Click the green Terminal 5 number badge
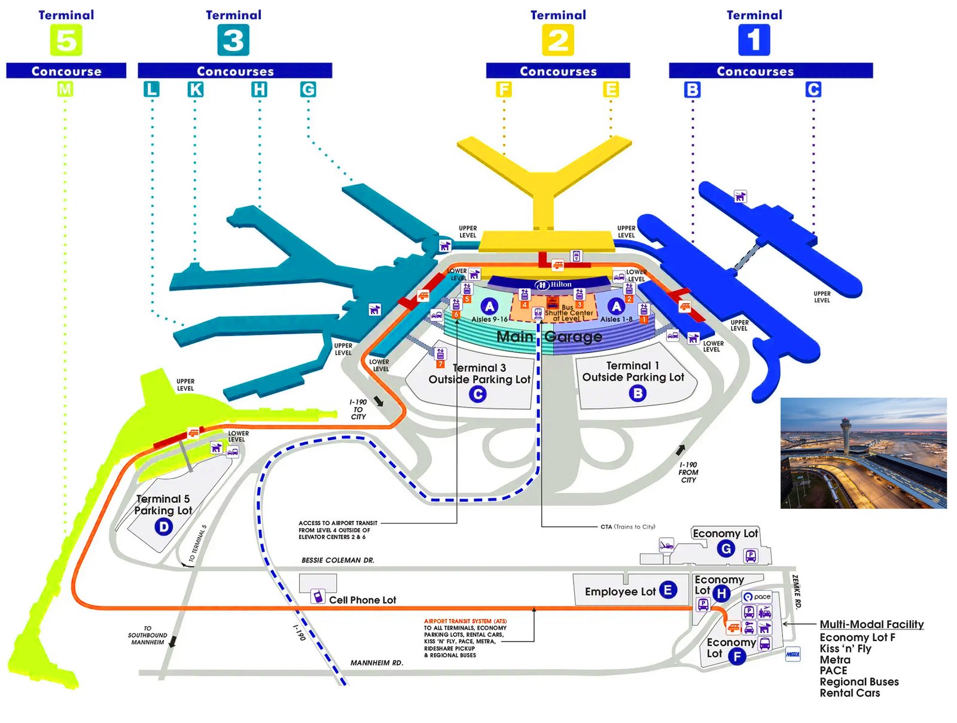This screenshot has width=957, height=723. pyautogui.click(x=66, y=41)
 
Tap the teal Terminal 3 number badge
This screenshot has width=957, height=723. pyautogui.click(x=233, y=41)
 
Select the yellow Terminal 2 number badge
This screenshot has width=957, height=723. pyautogui.click(x=557, y=41)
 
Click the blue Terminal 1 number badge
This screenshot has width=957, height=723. pyautogui.click(x=754, y=41)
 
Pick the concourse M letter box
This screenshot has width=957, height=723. pyautogui.click(x=65, y=90)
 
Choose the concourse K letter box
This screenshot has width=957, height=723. pyautogui.click(x=196, y=90)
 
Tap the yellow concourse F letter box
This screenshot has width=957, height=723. pyautogui.click(x=504, y=90)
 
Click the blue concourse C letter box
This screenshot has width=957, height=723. pyautogui.click(x=813, y=90)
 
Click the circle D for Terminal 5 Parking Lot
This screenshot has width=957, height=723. pyautogui.click(x=163, y=526)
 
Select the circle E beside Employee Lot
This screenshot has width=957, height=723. pyautogui.click(x=668, y=590)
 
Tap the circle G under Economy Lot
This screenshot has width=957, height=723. pyautogui.click(x=726, y=548)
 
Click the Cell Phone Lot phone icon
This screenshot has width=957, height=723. pyautogui.click(x=318, y=596)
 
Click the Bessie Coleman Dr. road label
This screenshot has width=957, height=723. pyautogui.click(x=337, y=560)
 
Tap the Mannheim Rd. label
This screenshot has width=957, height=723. pyautogui.click(x=376, y=663)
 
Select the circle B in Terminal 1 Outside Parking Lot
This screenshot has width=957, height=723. pyautogui.click(x=638, y=393)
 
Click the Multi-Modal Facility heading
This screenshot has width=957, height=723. pyautogui.click(x=871, y=624)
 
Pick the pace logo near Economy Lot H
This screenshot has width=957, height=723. pyautogui.click(x=757, y=597)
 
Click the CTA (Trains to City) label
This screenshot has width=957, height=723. pyautogui.click(x=627, y=527)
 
